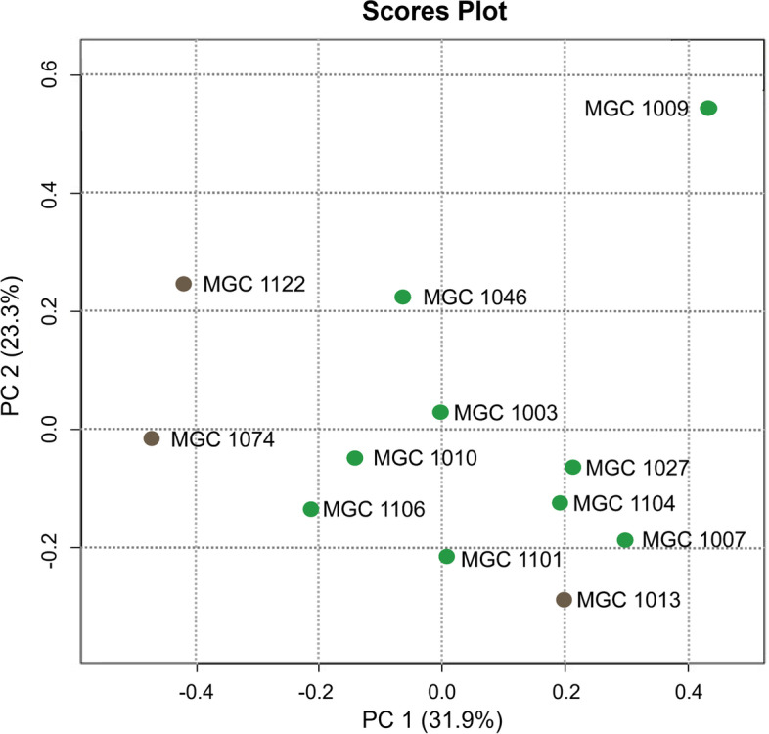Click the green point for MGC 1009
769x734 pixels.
708,108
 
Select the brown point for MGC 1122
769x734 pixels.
183,284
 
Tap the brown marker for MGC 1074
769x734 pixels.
152,438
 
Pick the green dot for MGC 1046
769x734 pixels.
403,297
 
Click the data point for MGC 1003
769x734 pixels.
440,412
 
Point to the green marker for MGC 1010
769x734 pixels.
355,458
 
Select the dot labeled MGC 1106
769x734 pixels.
311,509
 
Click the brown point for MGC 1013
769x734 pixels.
564,599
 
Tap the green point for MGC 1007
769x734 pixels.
625,540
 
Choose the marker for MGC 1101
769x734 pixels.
447,557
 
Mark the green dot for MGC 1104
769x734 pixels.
560,503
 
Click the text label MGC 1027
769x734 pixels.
639,469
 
